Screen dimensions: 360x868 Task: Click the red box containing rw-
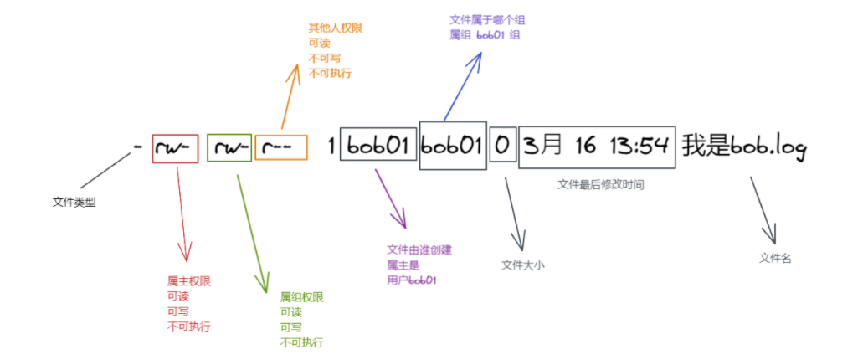pyautogui.click(x=175, y=148)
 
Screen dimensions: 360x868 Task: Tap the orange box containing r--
pyautogui.click(x=281, y=148)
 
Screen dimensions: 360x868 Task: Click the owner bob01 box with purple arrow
pyautogui.click(x=378, y=147)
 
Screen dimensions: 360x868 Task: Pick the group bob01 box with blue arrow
pyautogui.click(x=452, y=147)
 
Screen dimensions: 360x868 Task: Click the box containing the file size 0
pyautogui.click(x=502, y=147)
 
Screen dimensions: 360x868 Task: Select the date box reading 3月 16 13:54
pyautogui.click(x=596, y=147)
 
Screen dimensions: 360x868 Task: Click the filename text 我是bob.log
pyautogui.click(x=743, y=148)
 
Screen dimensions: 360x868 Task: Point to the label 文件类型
pyautogui.click(x=74, y=201)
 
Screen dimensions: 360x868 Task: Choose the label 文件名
pyautogui.click(x=775, y=258)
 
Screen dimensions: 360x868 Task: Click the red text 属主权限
pyautogui.click(x=189, y=281)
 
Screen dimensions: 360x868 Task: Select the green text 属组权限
pyautogui.click(x=301, y=297)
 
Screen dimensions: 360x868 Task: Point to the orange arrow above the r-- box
pyautogui.click(x=289, y=96)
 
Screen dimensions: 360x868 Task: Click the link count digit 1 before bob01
pyautogui.click(x=331, y=148)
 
